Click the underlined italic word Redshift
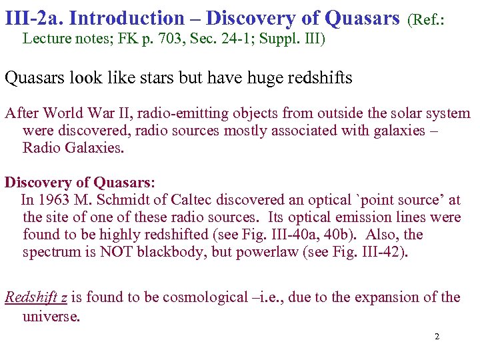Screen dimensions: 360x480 (x=33, y=297)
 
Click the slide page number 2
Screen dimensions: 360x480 (x=437, y=337)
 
